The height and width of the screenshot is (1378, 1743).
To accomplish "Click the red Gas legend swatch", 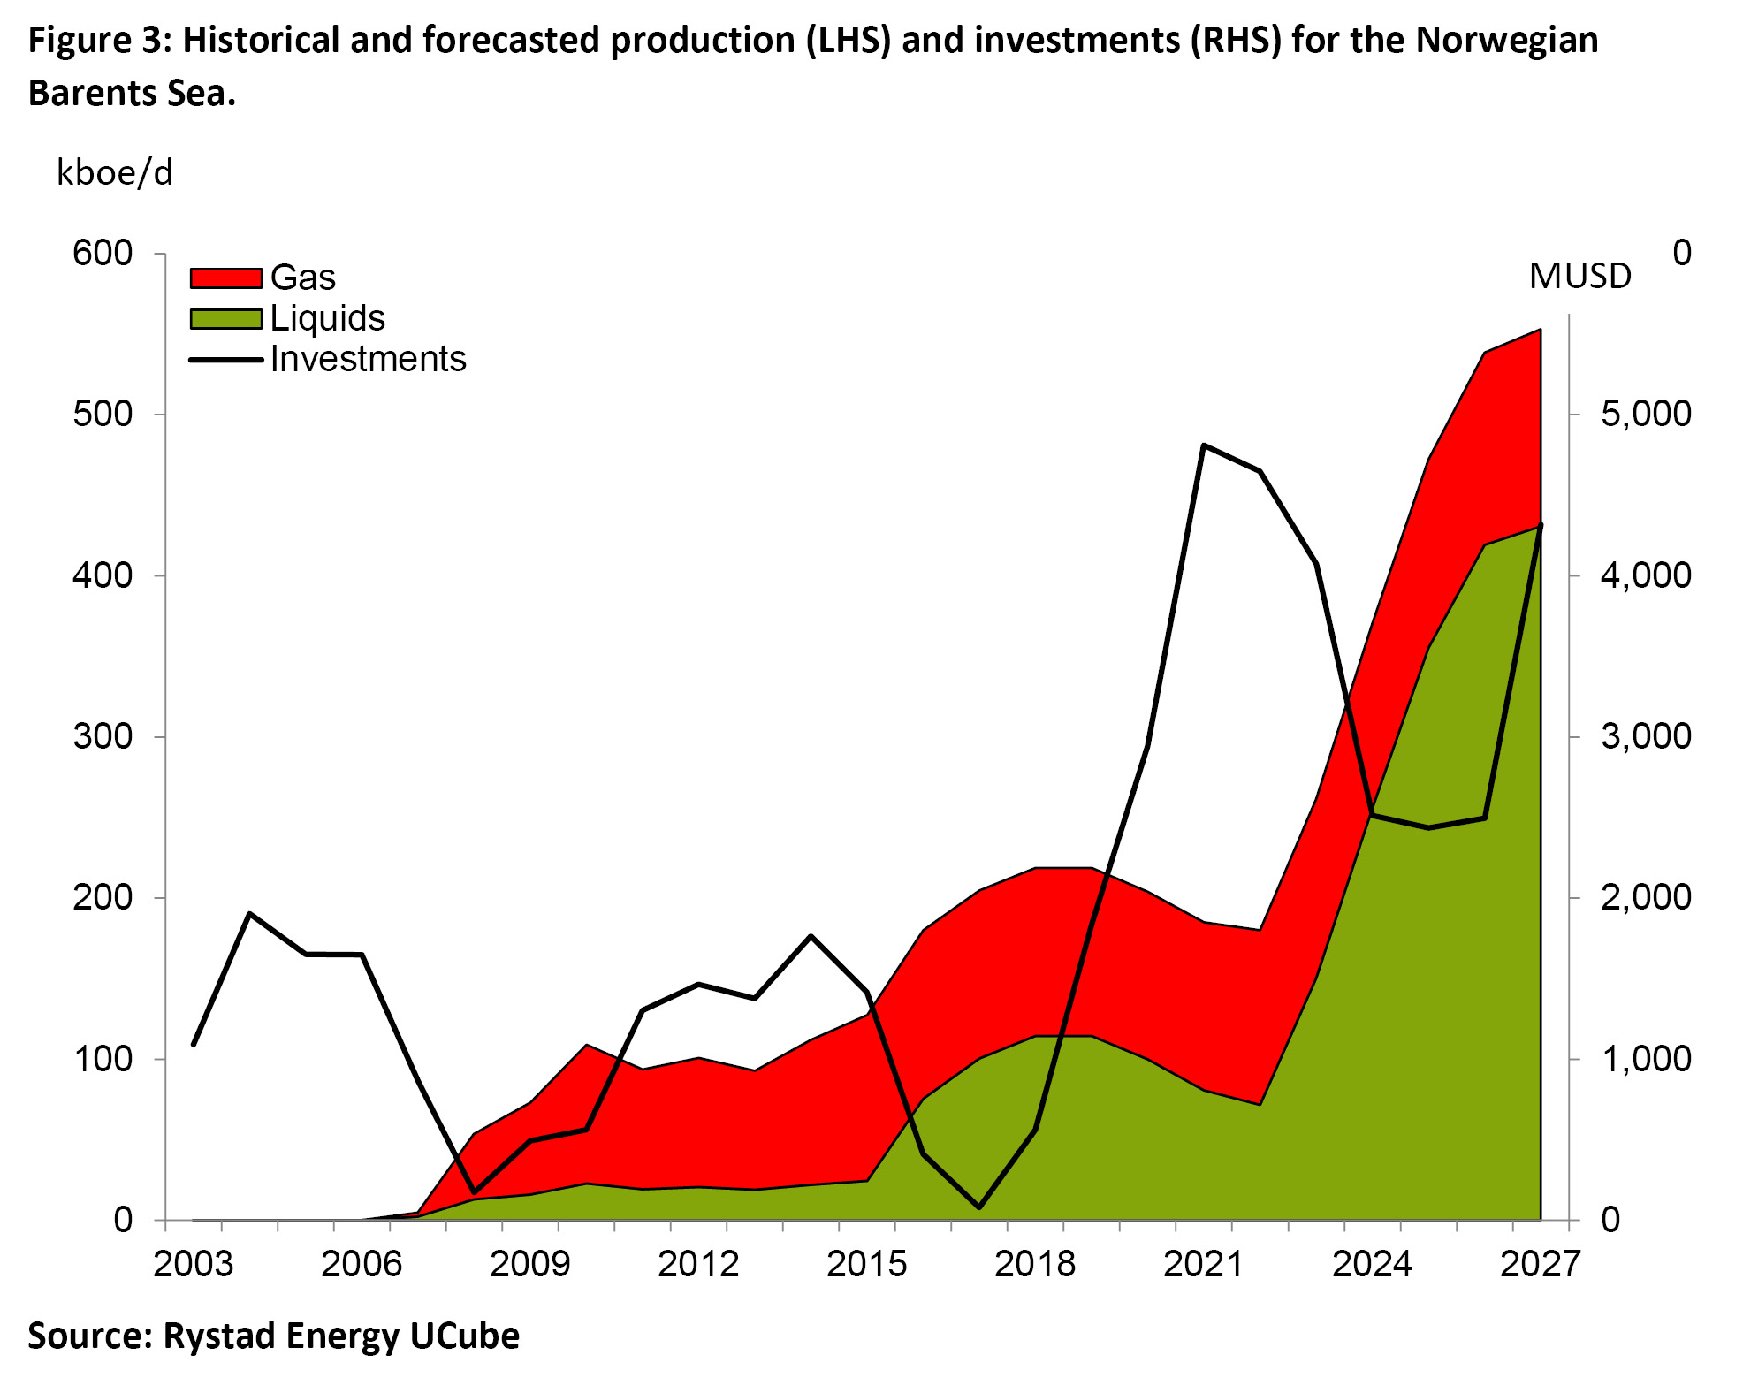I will point(226,278).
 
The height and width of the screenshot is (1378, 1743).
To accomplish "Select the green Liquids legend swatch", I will point(226,319).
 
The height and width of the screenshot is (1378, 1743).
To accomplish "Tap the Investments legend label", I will point(368,360).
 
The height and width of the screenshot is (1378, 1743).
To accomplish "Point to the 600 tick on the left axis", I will point(103,254).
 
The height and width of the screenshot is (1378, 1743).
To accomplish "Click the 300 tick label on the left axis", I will point(103,736).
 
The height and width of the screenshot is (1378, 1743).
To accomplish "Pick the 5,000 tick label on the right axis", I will point(1646,414).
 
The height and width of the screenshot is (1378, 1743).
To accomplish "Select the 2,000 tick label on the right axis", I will point(1646,897).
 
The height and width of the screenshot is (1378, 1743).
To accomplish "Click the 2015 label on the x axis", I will point(866,1265).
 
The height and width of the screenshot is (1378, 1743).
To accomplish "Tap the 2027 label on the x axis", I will point(1540,1265).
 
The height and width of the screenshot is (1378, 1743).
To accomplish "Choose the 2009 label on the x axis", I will point(529,1265).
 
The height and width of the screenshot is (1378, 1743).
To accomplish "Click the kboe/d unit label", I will point(115,173).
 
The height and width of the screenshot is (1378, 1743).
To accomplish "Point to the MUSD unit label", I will point(1580,277).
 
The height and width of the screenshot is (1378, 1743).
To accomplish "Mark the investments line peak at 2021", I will point(1204,445).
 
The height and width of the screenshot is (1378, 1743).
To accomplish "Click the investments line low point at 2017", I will point(979,1207).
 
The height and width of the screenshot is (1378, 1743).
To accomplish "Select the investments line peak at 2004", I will point(250,913).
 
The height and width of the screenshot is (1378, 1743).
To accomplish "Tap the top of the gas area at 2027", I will point(1540,331).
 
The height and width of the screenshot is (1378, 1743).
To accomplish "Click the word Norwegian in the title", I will point(1506,41).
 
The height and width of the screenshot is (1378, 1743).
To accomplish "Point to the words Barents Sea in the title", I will point(132,93).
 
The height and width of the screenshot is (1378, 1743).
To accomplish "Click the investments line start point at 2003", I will point(194,1045).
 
